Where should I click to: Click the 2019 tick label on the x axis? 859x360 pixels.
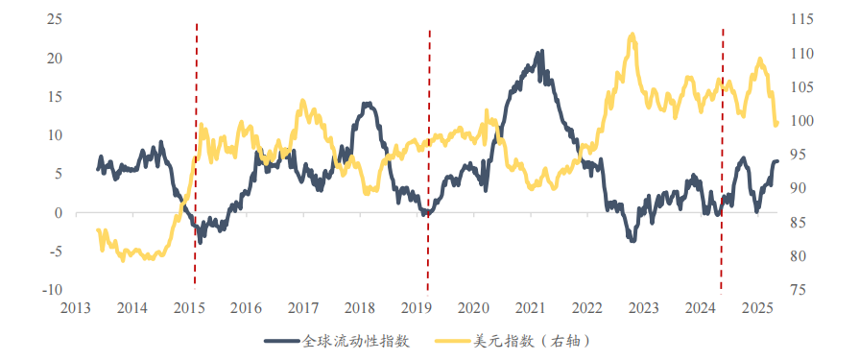coord(417,307)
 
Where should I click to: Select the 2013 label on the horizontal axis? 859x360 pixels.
coord(75,307)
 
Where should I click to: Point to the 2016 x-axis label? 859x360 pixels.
coord(246,307)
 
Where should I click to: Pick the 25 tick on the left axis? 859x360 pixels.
coord(55,19)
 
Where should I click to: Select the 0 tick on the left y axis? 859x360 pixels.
coord(59,213)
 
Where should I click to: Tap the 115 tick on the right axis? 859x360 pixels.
coord(802,19)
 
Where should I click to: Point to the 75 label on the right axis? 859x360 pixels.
coord(799,290)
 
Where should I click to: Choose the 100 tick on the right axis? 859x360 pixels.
coord(802,121)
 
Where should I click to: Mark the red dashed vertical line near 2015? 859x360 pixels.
coord(196,154)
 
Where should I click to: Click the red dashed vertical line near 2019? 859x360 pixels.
coord(428,154)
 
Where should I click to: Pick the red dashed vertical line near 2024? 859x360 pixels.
coord(722,154)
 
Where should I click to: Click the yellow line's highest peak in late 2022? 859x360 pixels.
coord(632,36)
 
